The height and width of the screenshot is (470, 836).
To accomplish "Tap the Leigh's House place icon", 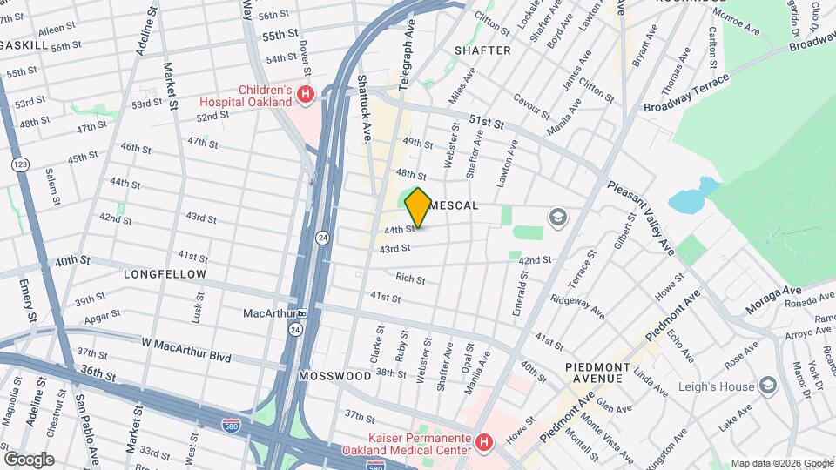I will click(x=767, y=385).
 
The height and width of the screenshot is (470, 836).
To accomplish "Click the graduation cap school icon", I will click(x=558, y=217).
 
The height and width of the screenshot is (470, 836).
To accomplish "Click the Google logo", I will click(x=29, y=459).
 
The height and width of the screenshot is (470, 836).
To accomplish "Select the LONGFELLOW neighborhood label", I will click(x=165, y=274).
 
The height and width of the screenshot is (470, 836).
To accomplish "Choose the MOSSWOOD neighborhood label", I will click(x=335, y=376).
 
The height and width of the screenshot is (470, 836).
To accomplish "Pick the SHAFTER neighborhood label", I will click(x=482, y=50).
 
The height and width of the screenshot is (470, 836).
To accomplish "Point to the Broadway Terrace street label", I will click(x=687, y=93).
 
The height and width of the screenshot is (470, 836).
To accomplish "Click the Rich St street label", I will click(x=410, y=279).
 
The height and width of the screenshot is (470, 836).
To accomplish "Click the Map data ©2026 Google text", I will click(x=780, y=463).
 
